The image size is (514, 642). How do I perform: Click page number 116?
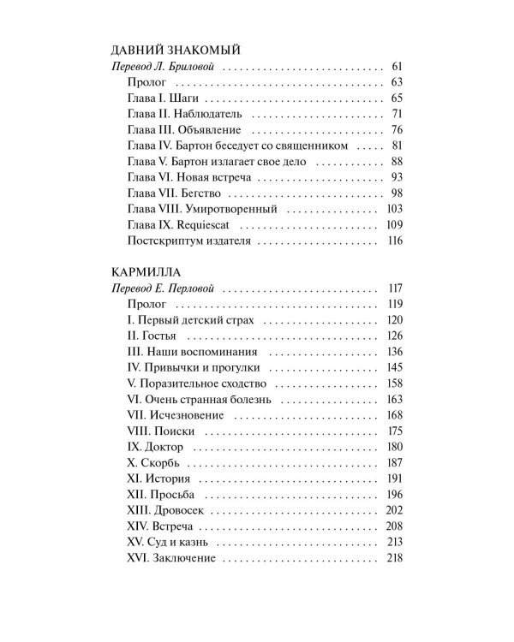(394, 241)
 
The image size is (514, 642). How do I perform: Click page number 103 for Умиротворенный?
(393, 210)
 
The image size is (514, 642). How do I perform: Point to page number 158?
(393, 383)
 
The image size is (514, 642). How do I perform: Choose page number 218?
(393, 558)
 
